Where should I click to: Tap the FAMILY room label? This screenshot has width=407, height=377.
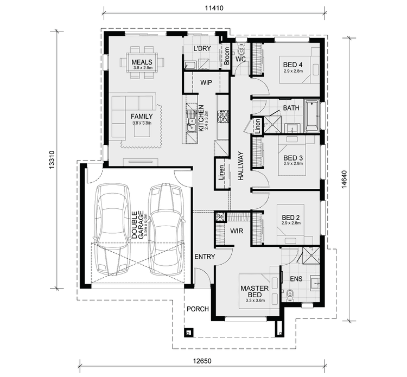coord(142,116)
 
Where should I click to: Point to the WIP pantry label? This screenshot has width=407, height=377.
coord(206,83)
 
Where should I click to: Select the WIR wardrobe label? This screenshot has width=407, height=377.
coord(237,231)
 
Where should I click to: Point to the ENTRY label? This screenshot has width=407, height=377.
coord(205,257)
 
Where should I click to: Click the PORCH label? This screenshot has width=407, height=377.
coord(198,309)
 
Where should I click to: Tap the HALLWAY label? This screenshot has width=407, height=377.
coord(241,165)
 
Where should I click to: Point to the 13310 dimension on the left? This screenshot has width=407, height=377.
coord(52,161)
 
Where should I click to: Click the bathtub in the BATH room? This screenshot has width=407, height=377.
coord(311,116)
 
